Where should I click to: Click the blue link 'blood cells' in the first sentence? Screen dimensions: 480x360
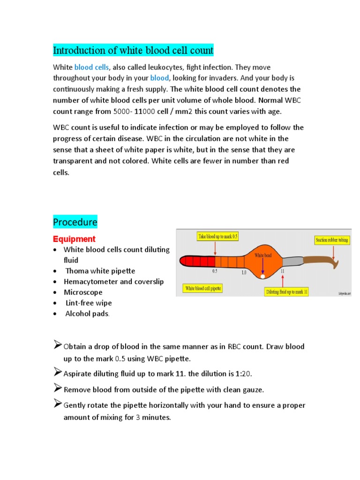[92, 67]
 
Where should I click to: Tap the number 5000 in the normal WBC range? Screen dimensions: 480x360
[123, 112]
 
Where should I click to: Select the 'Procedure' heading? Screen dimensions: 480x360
[75, 221]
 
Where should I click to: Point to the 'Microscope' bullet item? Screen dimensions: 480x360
[83, 292]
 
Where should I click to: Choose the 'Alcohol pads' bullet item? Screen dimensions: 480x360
[87, 314]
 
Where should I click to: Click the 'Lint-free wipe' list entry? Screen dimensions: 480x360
[89, 303]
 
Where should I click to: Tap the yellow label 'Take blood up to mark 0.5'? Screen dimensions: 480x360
[217, 237]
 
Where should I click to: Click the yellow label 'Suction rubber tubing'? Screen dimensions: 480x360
[331, 240]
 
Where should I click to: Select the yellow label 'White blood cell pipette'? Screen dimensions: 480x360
[203, 289]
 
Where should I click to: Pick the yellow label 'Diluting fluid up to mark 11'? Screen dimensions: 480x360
[286, 292]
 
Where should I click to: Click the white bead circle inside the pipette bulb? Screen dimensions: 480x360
[263, 277]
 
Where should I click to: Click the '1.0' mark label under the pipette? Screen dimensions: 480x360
[244, 272]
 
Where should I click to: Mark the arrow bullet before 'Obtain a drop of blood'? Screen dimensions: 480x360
[57, 345]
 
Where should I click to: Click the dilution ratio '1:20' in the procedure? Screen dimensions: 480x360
[244, 374]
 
